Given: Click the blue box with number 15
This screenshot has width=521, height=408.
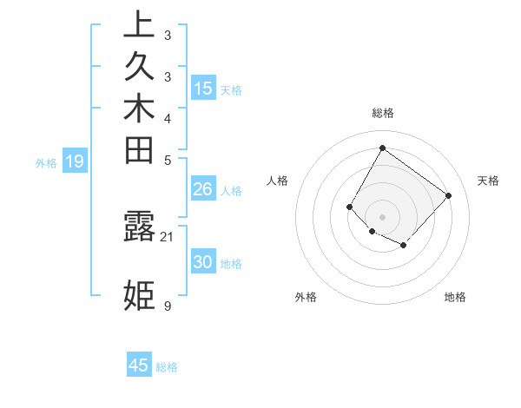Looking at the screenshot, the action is [203, 88].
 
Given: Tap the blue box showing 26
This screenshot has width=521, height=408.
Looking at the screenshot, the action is [203, 189].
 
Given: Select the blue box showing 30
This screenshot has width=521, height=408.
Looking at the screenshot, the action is [203, 263].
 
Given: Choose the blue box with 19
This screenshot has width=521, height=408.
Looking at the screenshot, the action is [75, 161].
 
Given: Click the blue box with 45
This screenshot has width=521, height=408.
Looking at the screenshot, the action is [139, 365].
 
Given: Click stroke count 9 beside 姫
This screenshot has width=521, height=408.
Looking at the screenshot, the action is [168, 306].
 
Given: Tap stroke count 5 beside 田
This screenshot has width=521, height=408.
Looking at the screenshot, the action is [168, 160].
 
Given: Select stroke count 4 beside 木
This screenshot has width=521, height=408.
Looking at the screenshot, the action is [168, 118].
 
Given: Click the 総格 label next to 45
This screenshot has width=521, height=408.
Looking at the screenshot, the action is [167, 367].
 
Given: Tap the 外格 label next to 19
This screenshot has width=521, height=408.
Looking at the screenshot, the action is [46, 162].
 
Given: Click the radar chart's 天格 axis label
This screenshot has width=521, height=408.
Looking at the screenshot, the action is [488, 181].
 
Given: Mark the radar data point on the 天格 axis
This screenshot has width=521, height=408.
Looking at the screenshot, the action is [448, 195].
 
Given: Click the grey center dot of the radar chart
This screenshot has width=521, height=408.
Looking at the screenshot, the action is [382, 216].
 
